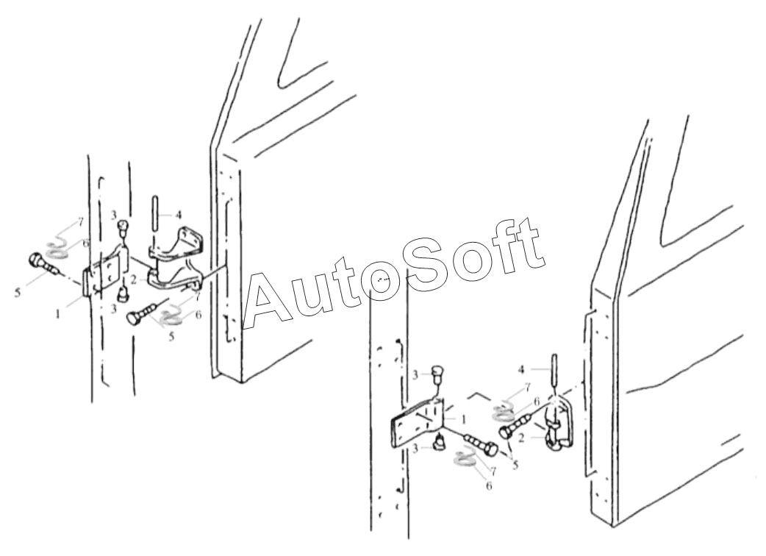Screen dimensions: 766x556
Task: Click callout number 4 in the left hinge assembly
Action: pyautogui.click(x=179, y=215)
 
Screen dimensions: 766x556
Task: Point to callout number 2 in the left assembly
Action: pyautogui.click(x=133, y=280)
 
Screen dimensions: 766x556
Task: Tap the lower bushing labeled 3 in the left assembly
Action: pyautogui.click(x=122, y=293)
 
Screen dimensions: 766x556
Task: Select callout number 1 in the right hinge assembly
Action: pyautogui.click(x=464, y=419)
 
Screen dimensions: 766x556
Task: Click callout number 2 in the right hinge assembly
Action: pyautogui.click(x=522, y=438)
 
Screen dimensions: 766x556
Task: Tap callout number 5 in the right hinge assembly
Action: pyautogui.click(x=515, y=466)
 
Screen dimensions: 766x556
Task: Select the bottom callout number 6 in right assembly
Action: pyautogui.click(x=489, y=485)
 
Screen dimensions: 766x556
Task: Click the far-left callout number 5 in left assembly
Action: pyautogui.click(x=18, y=293)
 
